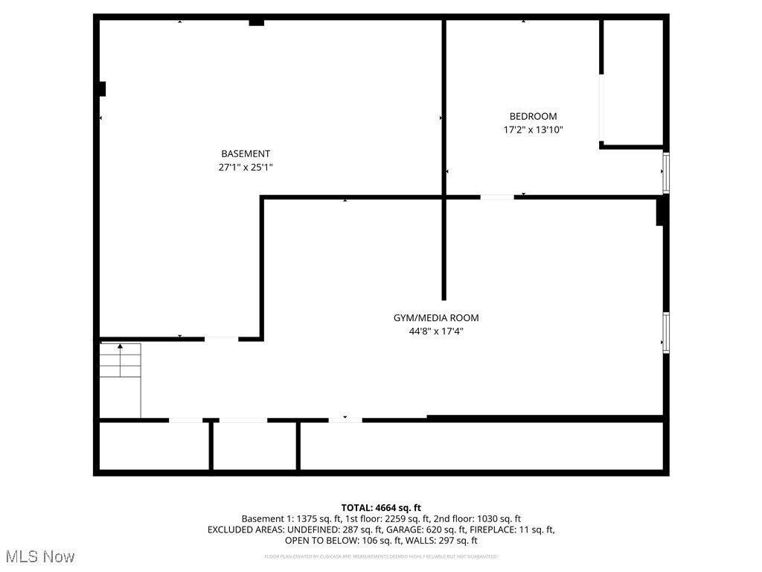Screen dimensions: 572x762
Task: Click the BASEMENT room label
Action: [x=245, y=154]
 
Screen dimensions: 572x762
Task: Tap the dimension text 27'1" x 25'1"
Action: [x=245, y=168]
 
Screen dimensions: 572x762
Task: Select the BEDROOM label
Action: [x=533, y=116]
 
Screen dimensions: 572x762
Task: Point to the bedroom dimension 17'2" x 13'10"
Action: [x=533, y=130]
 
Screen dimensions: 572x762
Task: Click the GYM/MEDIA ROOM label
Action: [x=436, y=318]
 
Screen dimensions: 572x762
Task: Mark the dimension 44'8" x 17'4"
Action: [x=436, y=332]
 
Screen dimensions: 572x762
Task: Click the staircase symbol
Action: [x=121, y=379]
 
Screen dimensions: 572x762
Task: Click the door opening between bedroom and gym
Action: [x=496, y=197]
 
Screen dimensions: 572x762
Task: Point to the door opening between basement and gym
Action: [x=221, y=339]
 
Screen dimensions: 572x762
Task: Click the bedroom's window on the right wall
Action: [x=666, y=172]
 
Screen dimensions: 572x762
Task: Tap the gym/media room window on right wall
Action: [x=666, y=332]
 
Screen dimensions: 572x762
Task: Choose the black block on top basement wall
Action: [x=256, y=22]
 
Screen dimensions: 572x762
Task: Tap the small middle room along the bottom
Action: [x=255, y=446]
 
